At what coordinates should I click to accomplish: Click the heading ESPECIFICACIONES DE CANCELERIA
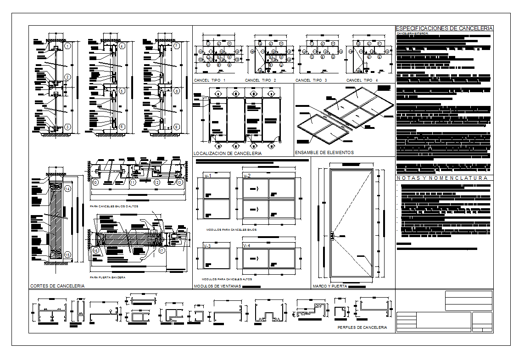coord(444,28)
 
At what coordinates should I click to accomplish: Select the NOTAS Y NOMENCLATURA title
coord(442,178)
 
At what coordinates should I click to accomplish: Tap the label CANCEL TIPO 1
coord(210,81)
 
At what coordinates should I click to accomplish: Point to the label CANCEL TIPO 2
coord(261,81)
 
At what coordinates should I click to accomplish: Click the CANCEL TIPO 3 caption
coord(311,81)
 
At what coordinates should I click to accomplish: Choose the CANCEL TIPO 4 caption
coord(362,81)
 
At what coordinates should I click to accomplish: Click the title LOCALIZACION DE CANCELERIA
coord(228,154)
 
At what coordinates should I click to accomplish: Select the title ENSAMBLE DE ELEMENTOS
coord(324,153)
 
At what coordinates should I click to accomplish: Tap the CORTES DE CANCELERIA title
coord(57,286)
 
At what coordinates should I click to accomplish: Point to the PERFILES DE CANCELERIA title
coord(362,328)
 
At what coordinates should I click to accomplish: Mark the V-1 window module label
coord(207,176)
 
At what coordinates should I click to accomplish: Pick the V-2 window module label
coord(247,176)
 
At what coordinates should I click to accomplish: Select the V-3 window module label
coord(207,246)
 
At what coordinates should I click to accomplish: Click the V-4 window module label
coord(247,246)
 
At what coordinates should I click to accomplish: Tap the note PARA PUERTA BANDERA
coord(107,277)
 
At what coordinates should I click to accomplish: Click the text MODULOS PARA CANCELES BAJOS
coord(231,229)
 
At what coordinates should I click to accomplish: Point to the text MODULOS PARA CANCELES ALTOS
coord(227,279)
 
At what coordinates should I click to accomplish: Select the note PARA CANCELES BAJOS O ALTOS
coord(114,206)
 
